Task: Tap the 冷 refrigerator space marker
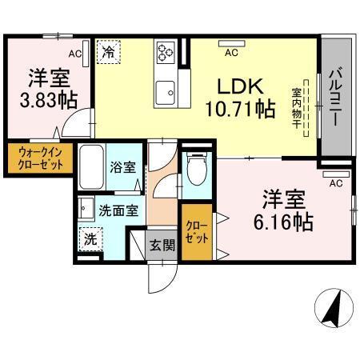(x=107, y=52)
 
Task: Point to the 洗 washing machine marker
(x=90, y=238)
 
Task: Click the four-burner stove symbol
(x=166, y=52)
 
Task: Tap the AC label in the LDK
(x=231, y=53)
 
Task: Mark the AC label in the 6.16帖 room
(x=336, y=183)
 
